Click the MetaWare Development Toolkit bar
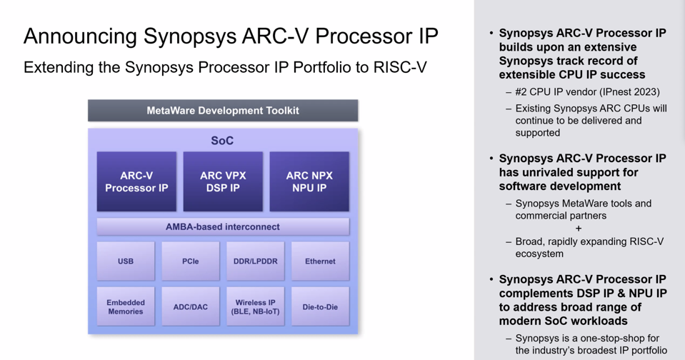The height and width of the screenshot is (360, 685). click(x=223, y=111)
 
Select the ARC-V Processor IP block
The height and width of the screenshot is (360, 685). click(x=136, y=181)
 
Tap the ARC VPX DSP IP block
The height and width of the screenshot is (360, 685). click(x=223, y=181)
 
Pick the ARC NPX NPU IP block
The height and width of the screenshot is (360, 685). click(x=309, y=181)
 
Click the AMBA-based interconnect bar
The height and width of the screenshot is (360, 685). click(x=223, y=227)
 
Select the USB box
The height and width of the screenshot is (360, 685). click(x=126, y=261)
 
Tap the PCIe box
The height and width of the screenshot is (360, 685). click(x=190, y=261)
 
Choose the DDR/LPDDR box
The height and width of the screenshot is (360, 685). click(x=255, y=261)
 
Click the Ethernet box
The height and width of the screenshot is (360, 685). click(x=320, y=261)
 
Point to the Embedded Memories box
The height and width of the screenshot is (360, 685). click(x=126, y=307)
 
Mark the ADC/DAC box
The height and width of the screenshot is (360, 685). click(x=190, y=307)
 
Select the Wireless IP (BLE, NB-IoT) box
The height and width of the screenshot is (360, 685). click(x=255, y=307)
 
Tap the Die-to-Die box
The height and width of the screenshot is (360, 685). click(x=320, y=307)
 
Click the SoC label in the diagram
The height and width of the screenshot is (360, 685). click(x=222, y=141)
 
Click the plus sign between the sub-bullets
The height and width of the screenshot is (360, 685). click(x=579, y=229)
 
